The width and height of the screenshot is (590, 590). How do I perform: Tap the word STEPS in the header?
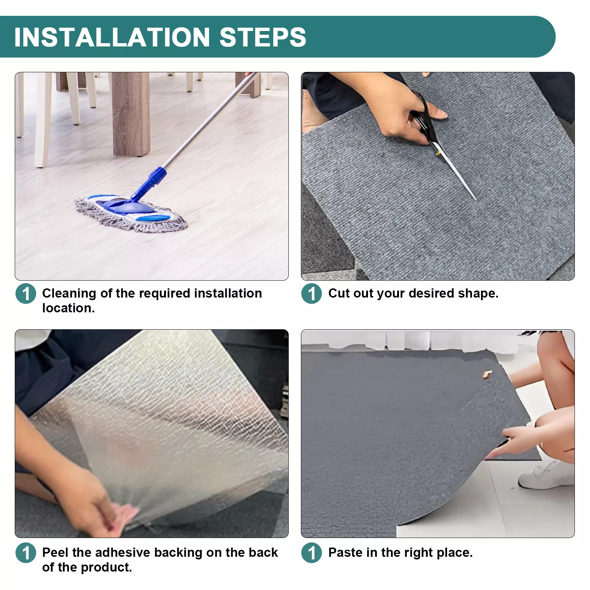click(263, 37)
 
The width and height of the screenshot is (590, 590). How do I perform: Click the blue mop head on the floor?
click(131, 214)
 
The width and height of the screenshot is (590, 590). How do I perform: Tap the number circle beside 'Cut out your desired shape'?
click(312, 294)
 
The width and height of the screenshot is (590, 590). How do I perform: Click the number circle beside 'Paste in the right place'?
click(312, 553)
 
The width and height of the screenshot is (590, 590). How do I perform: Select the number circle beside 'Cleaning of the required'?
click(26, 294)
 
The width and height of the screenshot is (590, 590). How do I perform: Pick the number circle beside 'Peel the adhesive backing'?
click(26, 553)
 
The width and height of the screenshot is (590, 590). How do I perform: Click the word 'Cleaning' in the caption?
click(69, 294)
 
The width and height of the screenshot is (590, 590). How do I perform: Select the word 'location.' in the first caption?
click(68, 308)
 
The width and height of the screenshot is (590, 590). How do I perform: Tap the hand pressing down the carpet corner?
click(516, 441)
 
